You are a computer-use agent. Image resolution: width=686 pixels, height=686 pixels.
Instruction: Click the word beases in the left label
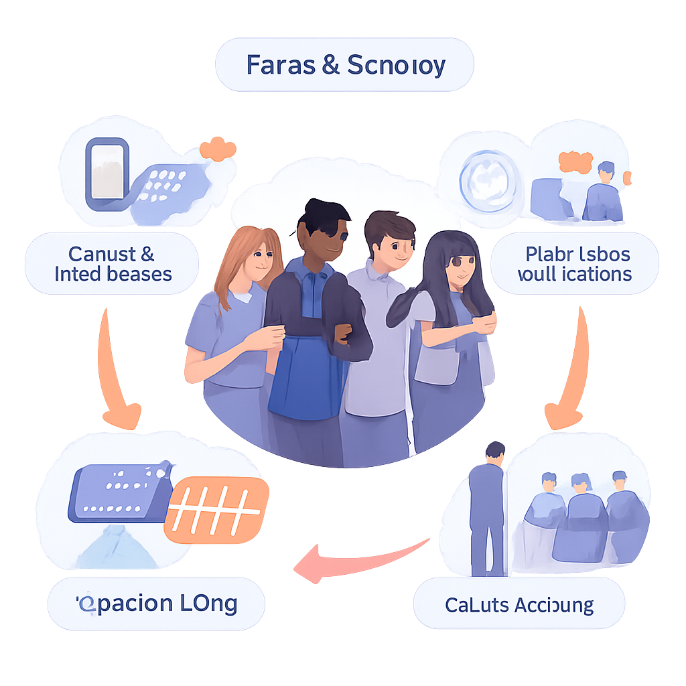[x=141, y=274]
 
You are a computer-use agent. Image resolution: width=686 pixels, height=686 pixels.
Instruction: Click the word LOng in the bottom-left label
[x=208, y=603]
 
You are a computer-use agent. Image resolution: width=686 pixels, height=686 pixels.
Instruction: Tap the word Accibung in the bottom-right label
[x=555, y=606]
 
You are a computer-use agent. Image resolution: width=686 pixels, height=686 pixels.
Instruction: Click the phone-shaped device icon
[x=106, y=170]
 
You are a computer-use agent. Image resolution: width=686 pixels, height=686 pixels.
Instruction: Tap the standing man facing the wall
[x=488, y=509]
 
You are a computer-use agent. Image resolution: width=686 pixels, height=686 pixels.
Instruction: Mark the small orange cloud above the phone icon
[x=218, y=149]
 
